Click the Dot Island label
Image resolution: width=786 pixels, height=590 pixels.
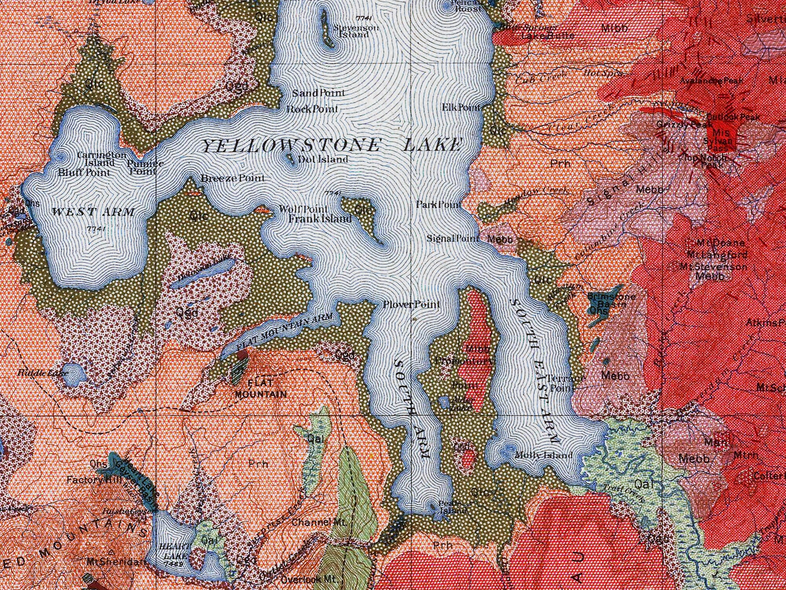coord(323,160)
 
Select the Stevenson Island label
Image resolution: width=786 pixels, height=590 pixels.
coord(356,31)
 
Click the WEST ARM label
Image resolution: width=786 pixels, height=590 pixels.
coord(93,212)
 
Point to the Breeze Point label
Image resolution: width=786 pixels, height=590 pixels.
coord(233,178)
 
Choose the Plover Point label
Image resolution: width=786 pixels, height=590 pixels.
coord(411,304)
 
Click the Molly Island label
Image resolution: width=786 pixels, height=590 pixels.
coord(544,455)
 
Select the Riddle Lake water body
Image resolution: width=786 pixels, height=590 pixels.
coord(75,374)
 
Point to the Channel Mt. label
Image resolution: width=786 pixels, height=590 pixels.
coord(319,523)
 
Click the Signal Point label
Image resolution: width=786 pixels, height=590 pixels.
coord(453,238)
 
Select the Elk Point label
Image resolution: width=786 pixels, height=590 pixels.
coord(461,107)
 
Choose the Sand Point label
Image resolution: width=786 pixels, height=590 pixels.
coord(318,93)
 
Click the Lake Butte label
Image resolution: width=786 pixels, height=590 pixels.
coord(548,36)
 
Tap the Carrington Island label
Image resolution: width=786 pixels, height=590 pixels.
coord(101,159)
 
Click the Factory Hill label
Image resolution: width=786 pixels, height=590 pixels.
coord(90,480)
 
